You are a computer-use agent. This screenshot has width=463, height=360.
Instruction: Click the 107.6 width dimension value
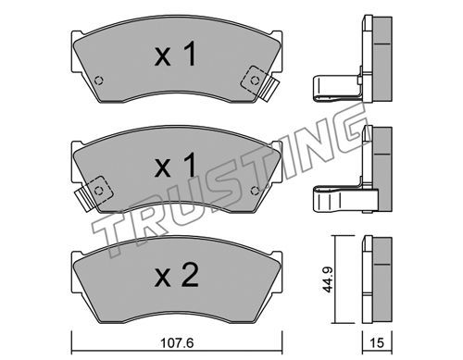pos(177,342)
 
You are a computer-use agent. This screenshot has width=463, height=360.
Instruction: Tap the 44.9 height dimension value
pos(327,279)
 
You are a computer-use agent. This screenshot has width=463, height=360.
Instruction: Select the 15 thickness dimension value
pos(377,342)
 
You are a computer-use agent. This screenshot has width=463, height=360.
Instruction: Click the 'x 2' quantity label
pos(176,276)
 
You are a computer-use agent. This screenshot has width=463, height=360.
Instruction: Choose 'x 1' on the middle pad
pos(175,165)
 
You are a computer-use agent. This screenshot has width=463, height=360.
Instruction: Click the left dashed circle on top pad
pos(99,81)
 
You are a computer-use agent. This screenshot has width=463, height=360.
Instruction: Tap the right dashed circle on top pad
pos(255,81)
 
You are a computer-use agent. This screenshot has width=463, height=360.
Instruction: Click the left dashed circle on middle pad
pos(99,191)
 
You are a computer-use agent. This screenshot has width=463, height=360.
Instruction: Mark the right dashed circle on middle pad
pos(255,191)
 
